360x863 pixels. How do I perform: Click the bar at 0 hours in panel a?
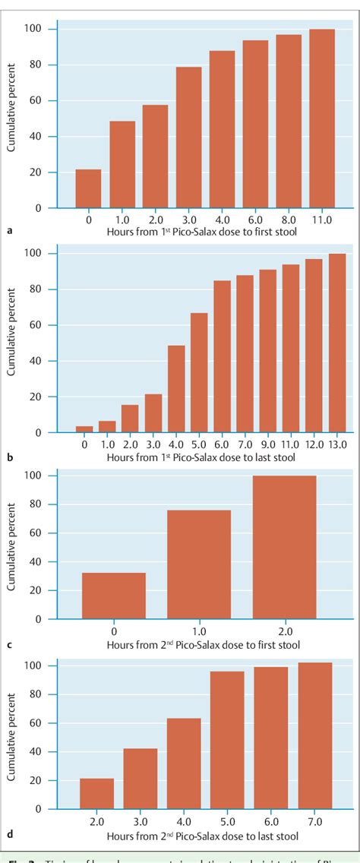(88, 188)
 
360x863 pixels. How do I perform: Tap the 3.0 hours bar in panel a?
(188, 138)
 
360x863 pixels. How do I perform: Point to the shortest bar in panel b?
(84, 429)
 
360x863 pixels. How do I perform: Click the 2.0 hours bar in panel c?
(284, 547)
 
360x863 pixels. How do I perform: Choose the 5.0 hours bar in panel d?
(227, 741)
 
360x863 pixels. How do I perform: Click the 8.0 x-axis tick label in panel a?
(289, 220)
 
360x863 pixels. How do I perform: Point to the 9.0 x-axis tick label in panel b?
(268, 444)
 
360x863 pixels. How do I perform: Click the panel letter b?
(9, 458)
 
